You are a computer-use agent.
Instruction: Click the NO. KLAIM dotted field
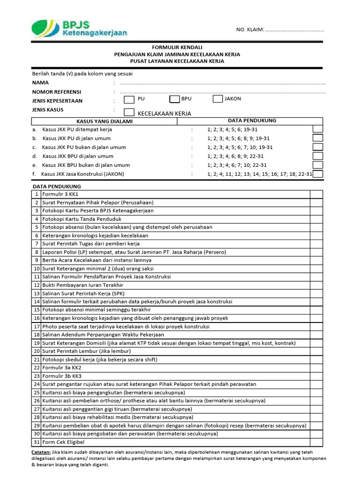[x=294, y=30]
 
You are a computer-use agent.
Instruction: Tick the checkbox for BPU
[x=174, y=99]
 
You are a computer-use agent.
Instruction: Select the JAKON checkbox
[x=217, y=99]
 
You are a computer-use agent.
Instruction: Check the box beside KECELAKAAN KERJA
[x=129, y=112]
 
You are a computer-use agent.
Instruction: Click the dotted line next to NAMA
[x=222, y=83]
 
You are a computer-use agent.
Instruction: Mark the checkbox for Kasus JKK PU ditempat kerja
[x=318, y=129]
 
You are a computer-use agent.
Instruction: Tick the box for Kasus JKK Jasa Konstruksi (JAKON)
[x=318, y=174]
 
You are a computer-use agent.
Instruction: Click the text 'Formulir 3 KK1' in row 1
[x=60, y=194]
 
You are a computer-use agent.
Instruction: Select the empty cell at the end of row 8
[x=316, y=252]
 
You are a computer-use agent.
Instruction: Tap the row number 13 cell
[x=36, y=293]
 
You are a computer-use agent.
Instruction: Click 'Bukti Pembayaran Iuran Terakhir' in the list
[x=82, y=285]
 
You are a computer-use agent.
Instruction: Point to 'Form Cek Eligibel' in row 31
[x=64, y=442]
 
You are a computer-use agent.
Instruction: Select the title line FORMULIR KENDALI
[x=177, y=48]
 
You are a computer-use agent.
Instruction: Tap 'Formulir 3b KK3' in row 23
[x=62, y=376]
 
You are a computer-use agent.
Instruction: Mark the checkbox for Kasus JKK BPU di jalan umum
[x=318, y=156]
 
